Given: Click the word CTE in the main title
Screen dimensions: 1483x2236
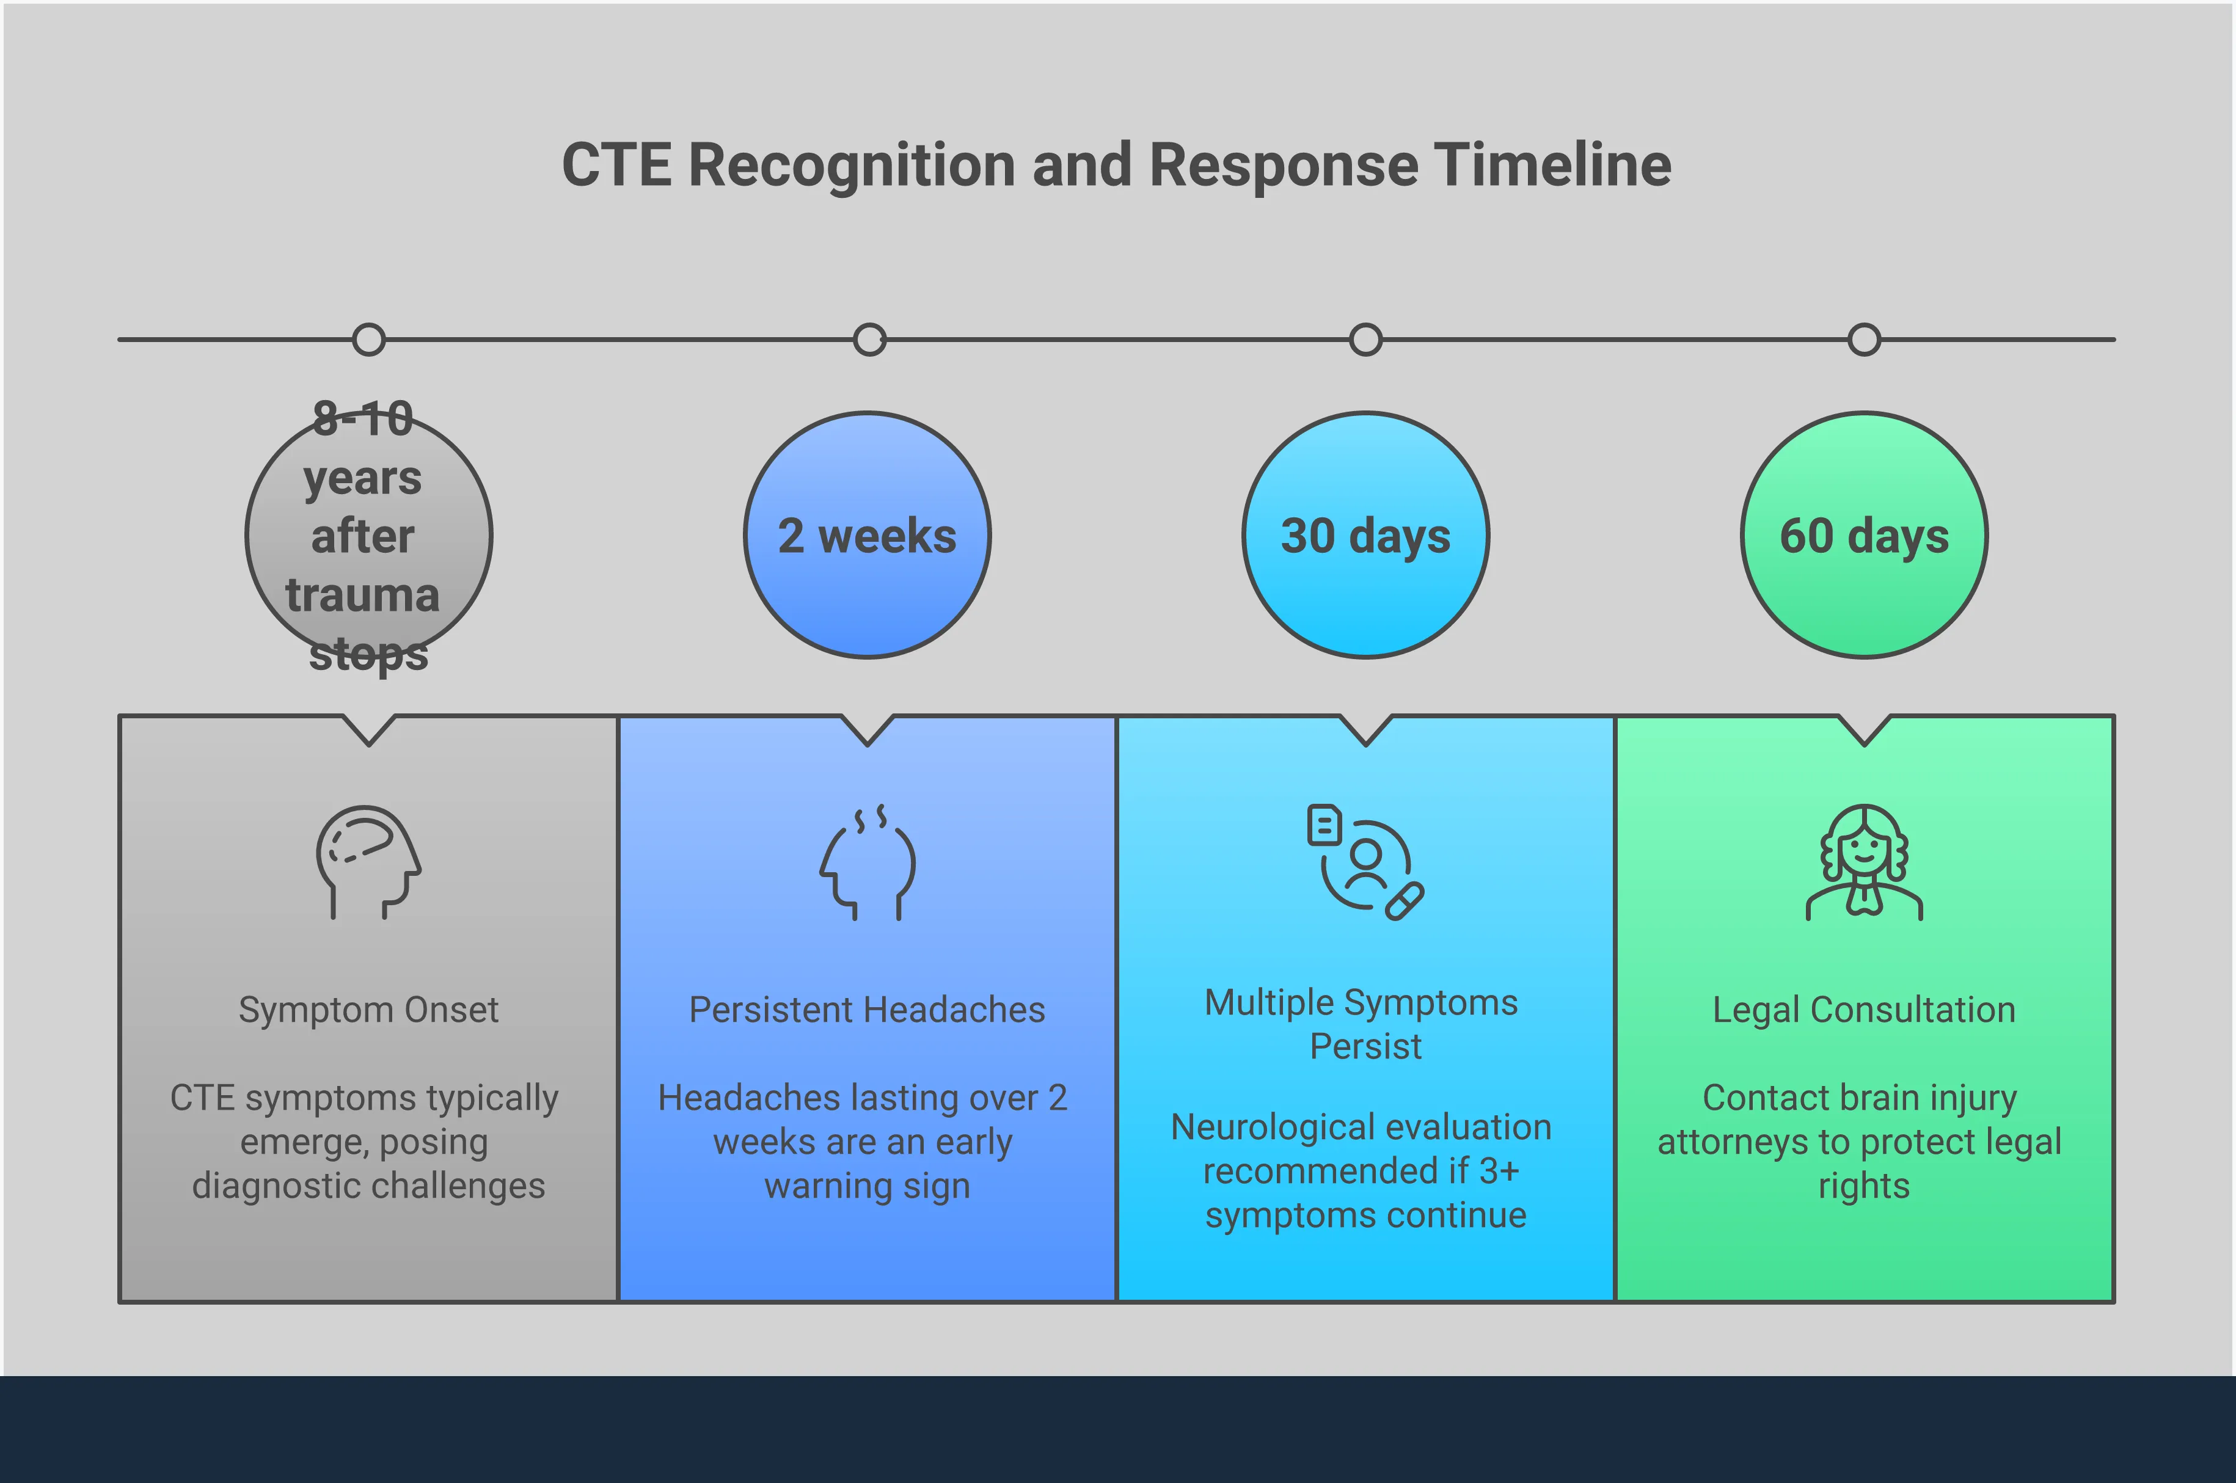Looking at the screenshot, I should click(616, 166).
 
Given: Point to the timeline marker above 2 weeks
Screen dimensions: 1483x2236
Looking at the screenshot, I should click(869, 340).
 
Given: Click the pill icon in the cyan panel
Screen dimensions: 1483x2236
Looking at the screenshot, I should click(1405, 902).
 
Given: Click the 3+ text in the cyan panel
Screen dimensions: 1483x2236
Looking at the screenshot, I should click(1499, 1172).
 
